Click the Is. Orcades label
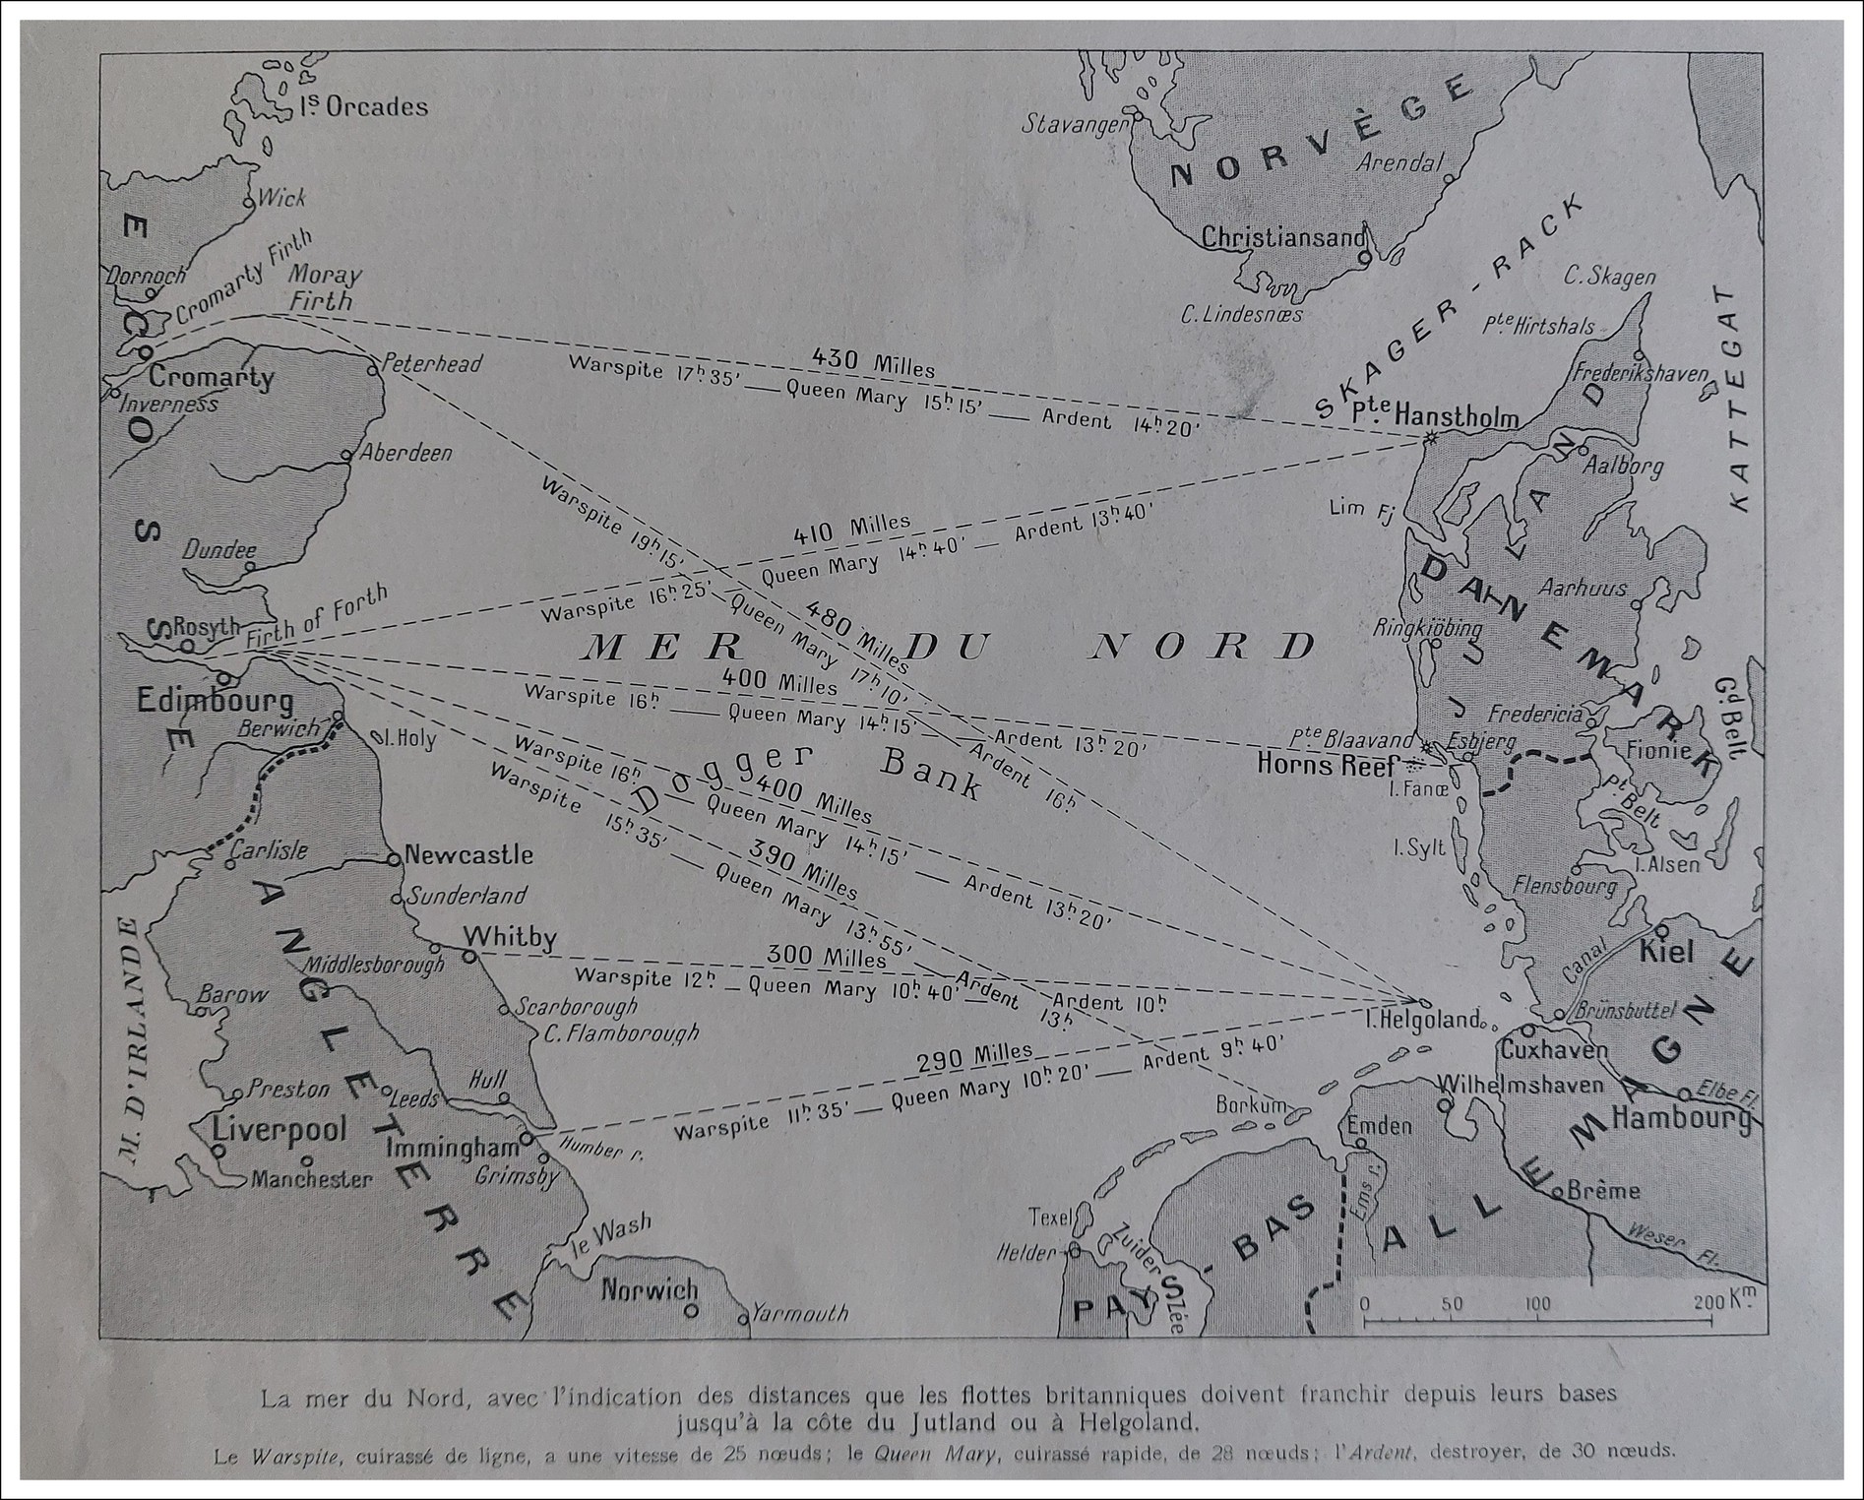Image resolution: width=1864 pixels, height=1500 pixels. coord(363,106)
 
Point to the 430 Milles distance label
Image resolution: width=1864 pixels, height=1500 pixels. coord(874,362)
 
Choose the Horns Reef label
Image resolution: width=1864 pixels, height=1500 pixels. coord(1326,764)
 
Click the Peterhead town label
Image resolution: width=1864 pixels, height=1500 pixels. coord(431,363)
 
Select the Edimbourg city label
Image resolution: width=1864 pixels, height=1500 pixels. coord(216,701)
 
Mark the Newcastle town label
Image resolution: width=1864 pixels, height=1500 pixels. coord(468,854)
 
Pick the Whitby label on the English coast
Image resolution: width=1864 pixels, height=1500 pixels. coord(510,936)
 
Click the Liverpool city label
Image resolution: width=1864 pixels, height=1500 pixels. coord(280,1129)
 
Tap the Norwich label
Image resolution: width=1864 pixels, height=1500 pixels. coord(650,1289)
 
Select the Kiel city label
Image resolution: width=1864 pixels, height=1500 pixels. coord(1665,951)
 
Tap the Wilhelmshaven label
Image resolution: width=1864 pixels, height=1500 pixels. coord(1521,1085)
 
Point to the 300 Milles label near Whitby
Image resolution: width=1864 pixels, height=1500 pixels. coord(826,955)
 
